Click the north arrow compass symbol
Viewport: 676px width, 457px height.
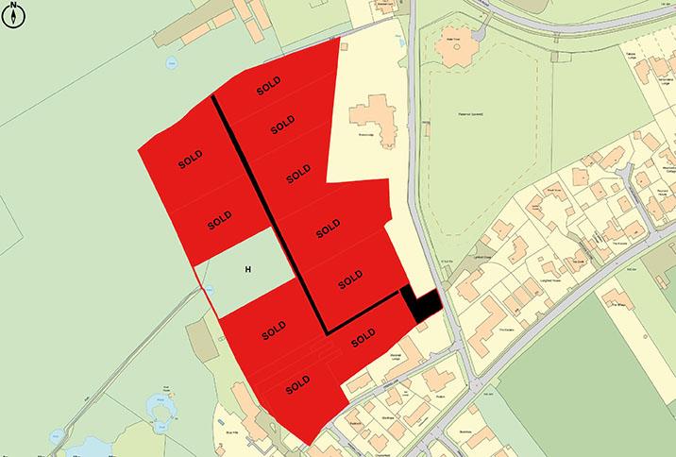tap(14, 15)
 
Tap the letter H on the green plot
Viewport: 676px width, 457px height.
tap(248, 270)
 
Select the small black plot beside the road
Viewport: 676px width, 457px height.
tap(420, 304)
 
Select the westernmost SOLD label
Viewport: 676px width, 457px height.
tap(192, 161)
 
